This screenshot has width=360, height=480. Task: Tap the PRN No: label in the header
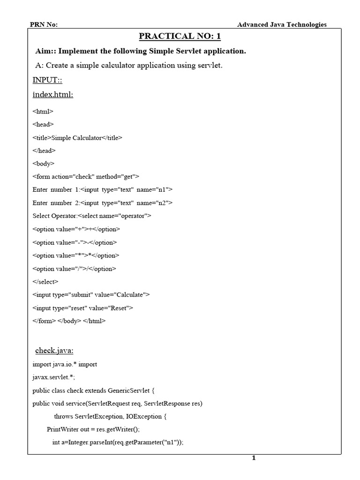(x=44, y=25)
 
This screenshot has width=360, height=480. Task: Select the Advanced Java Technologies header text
(x=282, y=25)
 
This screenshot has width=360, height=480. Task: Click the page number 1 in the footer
(x=254, y=458)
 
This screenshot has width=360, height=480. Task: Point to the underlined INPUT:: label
(x=48, y=80)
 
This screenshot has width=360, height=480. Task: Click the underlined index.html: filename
(x=53, y=95)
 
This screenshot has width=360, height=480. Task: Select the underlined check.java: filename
(x=54, y=351)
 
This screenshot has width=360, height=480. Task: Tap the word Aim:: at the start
(x=45, y=51)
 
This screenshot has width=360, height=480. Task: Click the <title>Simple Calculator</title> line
(x=77, y=138)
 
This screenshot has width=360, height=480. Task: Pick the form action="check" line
(x=86, y=177)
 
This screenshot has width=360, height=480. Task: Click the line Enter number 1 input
(x=103, y=190)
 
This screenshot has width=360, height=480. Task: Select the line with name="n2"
(x=103, y=203)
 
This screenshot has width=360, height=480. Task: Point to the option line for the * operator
(x=76, y=255)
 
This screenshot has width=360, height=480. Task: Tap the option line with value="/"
(x=74, y=269)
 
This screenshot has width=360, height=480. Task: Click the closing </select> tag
(x=45, y=282)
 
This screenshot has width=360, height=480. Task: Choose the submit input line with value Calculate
(x=91, y=295)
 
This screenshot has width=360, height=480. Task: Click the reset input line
(x=83, y=308)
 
